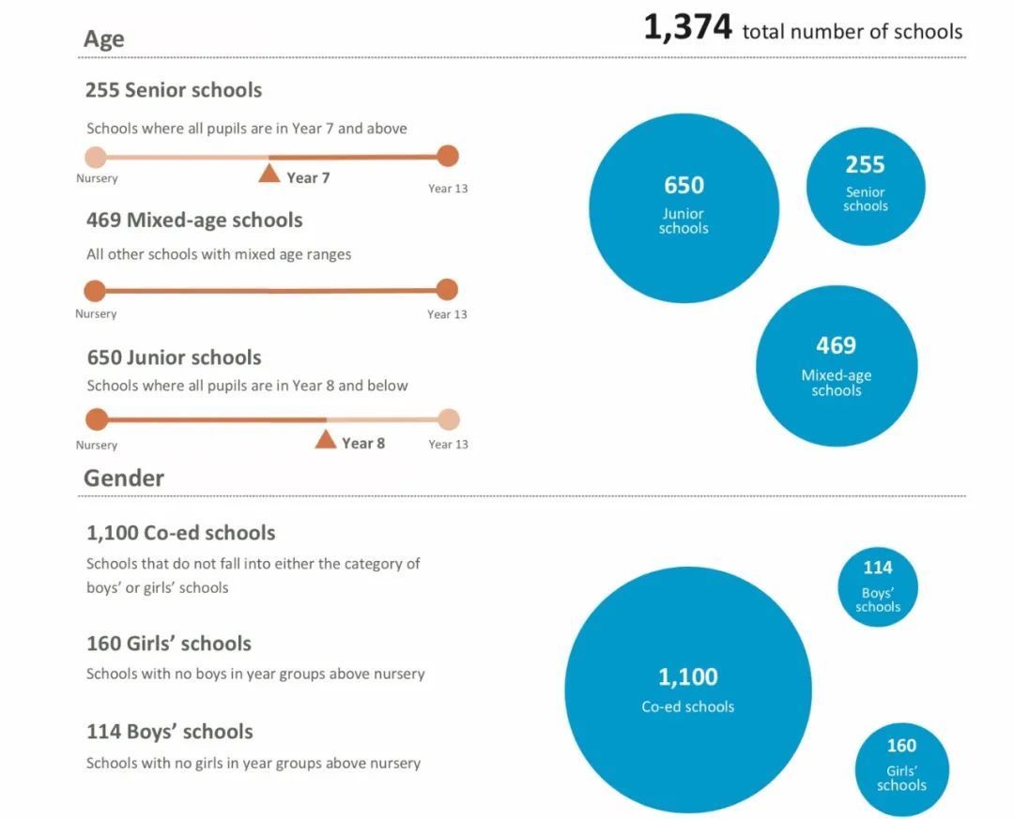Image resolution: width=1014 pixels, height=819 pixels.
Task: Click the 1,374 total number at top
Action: point(687,28)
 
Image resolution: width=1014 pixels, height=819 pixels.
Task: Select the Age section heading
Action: point(103,38)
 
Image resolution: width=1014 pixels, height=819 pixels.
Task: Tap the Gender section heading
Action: point(123,478)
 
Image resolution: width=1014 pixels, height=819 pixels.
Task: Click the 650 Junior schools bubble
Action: point(684,207)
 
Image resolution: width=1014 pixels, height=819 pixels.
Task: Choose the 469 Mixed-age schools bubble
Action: point(836,366)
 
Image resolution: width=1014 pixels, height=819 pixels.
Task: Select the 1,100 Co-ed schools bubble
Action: point(687,690)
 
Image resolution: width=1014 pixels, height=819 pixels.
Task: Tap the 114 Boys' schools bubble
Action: point(878,587)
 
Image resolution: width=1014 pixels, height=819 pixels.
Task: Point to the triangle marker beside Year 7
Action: point(269,174)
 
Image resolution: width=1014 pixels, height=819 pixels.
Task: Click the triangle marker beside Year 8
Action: point(325,439)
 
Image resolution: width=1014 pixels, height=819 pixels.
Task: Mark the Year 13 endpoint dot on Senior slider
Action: point(448,156)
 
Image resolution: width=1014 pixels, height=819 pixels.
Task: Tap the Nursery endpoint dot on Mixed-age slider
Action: point(95,290)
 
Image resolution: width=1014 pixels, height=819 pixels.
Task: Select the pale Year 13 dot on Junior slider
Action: point(448,419)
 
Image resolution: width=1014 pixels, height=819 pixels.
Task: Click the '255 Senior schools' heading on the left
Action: point(174,90)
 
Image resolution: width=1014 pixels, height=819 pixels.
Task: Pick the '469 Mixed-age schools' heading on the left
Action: point(194,220)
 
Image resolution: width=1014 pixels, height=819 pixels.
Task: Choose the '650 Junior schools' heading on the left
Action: point(174,357)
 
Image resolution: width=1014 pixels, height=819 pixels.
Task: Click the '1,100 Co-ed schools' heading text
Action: point(180,533)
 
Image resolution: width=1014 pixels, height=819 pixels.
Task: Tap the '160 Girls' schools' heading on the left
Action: point(169,644)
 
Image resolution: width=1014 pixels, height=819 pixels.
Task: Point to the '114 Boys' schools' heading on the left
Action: point(169,732)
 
